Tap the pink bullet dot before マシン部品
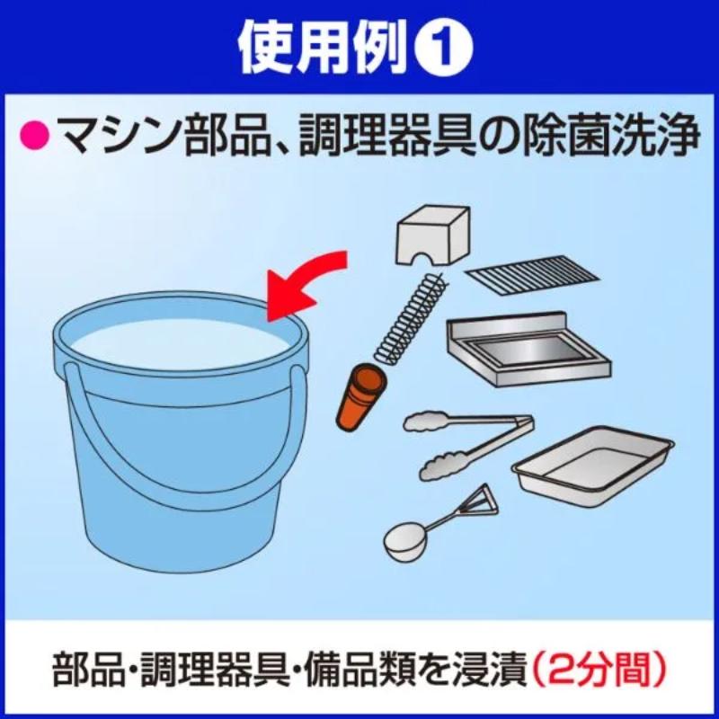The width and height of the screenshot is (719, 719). click(34, 136)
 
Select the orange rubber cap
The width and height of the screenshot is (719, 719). click(361, 397)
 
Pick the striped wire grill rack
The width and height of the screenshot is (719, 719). click(532, 277)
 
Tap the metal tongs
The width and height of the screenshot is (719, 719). click(468, 444)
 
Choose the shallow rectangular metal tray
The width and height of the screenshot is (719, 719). click(592, 466)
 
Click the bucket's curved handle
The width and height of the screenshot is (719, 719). click(183, 483)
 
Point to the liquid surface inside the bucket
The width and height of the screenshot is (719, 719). click(181, 342)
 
